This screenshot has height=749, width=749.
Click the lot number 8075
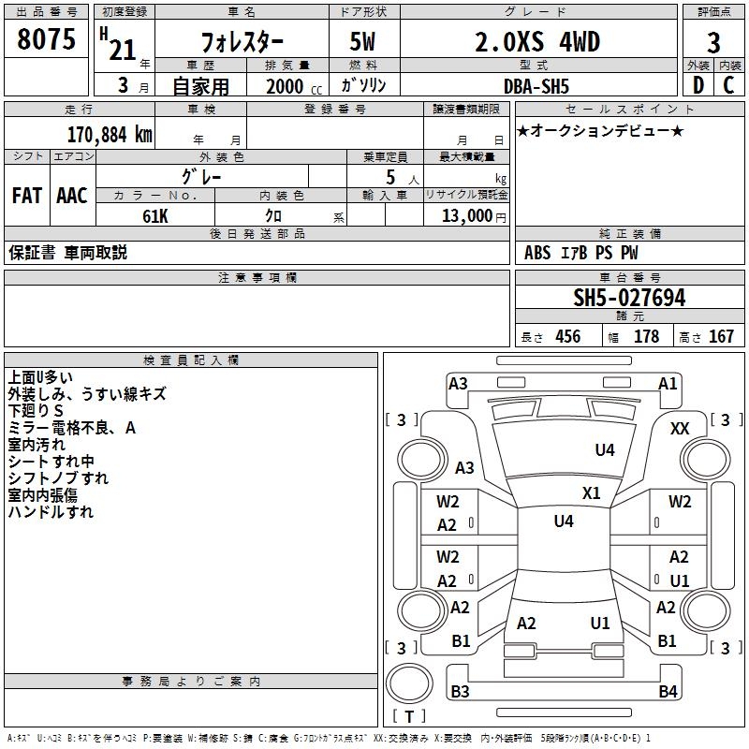pyautogui.click(x=46, y=39)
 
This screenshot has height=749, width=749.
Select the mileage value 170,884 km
pyautogui.click(x=110, y=135)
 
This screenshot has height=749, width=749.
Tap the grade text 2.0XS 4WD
pyautogui.click(x=537, y=41)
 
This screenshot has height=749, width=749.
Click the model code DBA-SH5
pyautogui.click(x=536, y=86)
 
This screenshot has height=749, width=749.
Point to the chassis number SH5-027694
pyautogui.click(x=629, y=298)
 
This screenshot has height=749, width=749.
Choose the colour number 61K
pyautogui.click(x=155, y=216)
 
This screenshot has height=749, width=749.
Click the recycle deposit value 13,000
pyautogui.click(x=466, y=216)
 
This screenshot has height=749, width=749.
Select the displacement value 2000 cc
pyautogui.click(x=294, y=86)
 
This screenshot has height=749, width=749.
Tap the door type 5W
pyautogui.click(x=362, y=41)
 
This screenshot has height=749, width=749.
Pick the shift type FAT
pyautogui.click(x=27, y=196)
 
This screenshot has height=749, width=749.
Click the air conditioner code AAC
pyautogui.click(x=72, y=196)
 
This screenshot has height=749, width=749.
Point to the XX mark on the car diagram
pyautogui.click(x=680, y=429)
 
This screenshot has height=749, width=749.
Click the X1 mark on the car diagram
pyautogui.click(x=592, y=493)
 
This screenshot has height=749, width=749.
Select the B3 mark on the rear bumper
pyautogui.click(x=460, y=691)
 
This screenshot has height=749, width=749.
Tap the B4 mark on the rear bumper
pyautogui.click(x=668, y=691)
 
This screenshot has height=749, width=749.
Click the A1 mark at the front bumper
pyautogui.click(x=668, y=384)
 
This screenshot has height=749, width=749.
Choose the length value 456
pyautogui.click(x=568, y=337)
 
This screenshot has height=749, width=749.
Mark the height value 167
pyautogui.click(x=721, y=337)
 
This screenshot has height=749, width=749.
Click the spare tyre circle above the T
pyautogui.click(x=409, y=683)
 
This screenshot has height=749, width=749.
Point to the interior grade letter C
pyautogui.click(x=728, y=85)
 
